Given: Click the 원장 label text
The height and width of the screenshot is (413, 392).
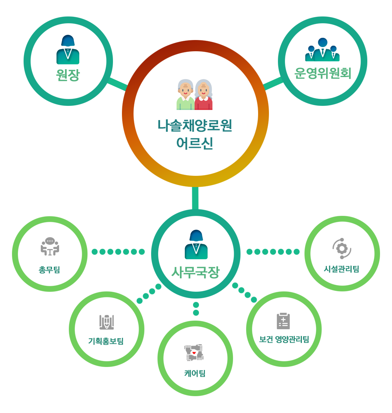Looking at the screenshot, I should (68, 75).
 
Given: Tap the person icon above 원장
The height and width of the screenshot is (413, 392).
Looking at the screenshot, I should (68, 50).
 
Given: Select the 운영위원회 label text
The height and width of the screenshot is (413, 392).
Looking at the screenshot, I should (322, 73).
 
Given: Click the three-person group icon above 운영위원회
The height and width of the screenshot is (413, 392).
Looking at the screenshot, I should (322, 50).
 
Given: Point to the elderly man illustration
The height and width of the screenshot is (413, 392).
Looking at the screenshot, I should (185, 95).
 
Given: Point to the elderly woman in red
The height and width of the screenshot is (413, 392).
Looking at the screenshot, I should (203, 95).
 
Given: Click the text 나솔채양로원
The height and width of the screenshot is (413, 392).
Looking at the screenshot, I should (195, 126).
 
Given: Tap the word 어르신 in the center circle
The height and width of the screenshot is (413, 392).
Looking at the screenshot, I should (195, 143).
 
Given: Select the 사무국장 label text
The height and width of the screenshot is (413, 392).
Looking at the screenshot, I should (196, 272).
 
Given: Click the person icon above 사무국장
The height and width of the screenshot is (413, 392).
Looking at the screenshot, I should (196, 245).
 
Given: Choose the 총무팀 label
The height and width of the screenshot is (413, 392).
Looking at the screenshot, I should (49, 269).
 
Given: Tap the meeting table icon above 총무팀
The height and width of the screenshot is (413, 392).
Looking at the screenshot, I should (50, 246).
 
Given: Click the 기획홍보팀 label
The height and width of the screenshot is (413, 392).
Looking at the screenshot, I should (106, 341).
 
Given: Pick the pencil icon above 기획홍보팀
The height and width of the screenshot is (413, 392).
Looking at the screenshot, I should (107, 322).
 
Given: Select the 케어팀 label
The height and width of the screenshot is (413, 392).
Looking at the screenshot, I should (195, 373).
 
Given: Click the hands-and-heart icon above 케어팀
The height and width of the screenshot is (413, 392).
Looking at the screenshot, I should (194, 353).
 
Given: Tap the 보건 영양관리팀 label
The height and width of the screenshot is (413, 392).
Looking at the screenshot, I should (284, 340).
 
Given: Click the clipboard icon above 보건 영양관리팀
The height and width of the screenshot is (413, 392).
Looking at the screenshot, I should (283, 321).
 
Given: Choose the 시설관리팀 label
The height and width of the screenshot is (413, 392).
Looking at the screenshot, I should (342, 269).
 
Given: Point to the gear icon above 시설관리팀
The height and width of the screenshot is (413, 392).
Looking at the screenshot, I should (342, 248).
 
